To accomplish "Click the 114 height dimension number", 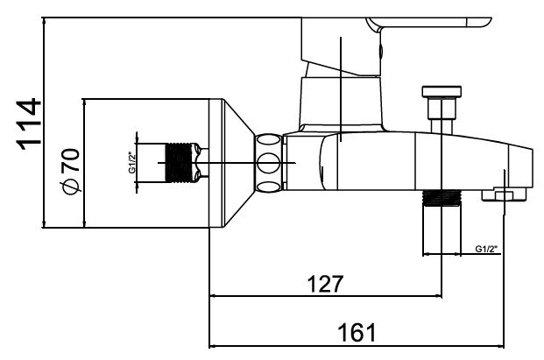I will tap(28, 124).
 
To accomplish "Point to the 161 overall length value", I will tap(357, 333).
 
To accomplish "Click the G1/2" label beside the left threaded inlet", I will tap(131, 164).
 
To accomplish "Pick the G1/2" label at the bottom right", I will tap(486, 249).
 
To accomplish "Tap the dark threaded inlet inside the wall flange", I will tap(180, 163).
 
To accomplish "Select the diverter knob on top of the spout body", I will tap(441, 103).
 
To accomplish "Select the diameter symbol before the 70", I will tap(70, 186).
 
